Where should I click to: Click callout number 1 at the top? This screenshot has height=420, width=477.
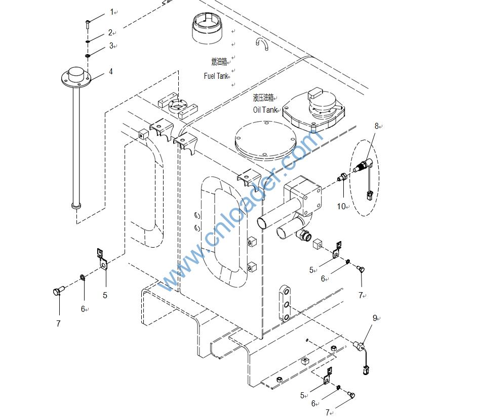(x=112, y=12)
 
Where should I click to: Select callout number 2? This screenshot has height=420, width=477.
(x=110, y=33)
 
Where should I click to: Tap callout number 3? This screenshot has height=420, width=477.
(x=111, y=46)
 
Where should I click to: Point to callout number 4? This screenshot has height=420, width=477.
(x=111, y=71)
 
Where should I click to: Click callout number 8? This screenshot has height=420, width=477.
(x=377, y=126)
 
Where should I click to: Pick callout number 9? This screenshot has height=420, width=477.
(x=375, y=318)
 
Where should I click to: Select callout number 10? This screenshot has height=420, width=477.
(x=342, y=206)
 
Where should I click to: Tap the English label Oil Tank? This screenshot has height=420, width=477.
(x=265, y=110)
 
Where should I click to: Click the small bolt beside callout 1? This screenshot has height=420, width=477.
(x=88, y=23)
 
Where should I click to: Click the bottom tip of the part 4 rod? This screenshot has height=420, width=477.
(x=76, y=206)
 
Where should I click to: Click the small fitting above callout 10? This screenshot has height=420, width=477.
(x=343, y=177)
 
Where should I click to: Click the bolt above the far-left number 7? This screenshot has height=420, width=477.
(x=58, y=291)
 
